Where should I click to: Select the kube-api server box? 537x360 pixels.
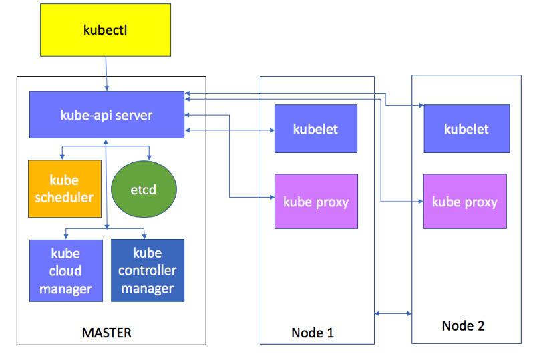[x=106, y=115]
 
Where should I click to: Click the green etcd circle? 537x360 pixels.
[x=144, y=190]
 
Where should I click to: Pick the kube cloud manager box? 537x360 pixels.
[x=65, y=271]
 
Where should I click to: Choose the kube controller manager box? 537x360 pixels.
[x=147, y=271]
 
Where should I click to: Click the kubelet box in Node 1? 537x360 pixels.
[x=315, y=129]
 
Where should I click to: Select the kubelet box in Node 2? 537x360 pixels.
[x=466, y=129]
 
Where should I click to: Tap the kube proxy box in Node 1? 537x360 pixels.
[x=316, y=202]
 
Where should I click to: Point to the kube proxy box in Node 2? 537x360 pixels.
[x=465, y=202]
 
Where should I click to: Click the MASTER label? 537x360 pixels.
[x=106, y=332]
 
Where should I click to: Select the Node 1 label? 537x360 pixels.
[x=312, y=333]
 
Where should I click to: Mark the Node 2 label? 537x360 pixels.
[x=463, y=326]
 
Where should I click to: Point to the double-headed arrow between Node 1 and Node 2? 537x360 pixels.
[x=393, y=313]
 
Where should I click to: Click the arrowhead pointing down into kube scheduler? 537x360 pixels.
[x=62, y=156]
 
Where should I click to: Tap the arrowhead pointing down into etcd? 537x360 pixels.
[x=149, y=156]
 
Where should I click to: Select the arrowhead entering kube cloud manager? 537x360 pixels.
[x=65, y=236]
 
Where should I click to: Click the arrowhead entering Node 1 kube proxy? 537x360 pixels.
[x=271, y=197]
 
